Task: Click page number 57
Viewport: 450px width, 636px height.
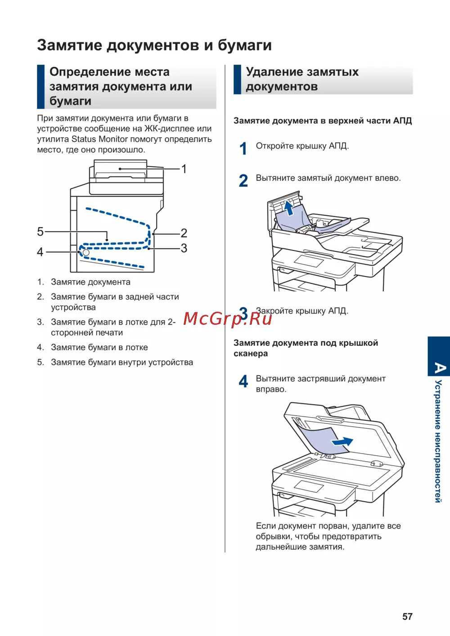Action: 407,617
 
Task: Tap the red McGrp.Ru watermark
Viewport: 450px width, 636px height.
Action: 227,318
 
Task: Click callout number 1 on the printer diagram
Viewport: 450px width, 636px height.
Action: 184,169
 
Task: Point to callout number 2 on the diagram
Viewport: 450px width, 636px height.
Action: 184,233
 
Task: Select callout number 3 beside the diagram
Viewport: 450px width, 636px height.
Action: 184,248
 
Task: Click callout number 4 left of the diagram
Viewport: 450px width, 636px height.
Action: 40,252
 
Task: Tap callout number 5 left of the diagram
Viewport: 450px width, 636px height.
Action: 40,232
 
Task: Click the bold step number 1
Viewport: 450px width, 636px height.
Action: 243,149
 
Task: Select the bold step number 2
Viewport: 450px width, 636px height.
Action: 243,181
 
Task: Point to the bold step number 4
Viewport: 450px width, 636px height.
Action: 243,382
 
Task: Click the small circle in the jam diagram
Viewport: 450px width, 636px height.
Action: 86,253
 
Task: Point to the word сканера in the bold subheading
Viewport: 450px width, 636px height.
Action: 251,354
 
